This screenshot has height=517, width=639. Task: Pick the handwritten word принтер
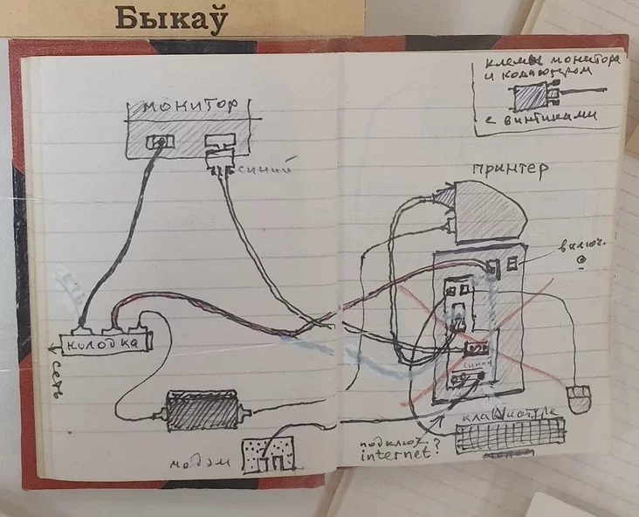click(510, 169)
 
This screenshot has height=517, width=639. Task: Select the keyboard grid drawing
click(510, 435)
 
